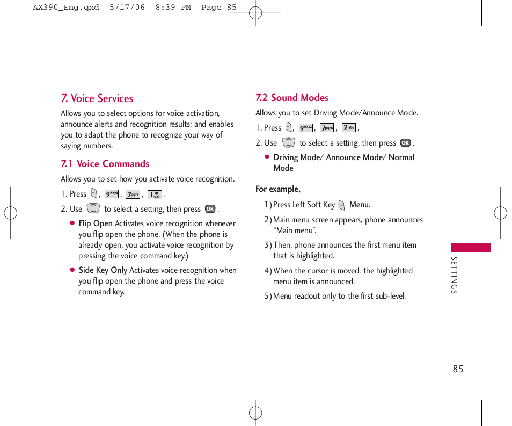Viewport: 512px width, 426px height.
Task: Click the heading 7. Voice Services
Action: coord(97,98)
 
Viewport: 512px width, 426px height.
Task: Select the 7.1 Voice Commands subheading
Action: coord(105,164)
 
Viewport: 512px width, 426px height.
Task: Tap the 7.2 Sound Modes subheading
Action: coord(292,98)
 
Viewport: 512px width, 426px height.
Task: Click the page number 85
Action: coord(457,369)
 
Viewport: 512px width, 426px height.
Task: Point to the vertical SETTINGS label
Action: coord(454,275)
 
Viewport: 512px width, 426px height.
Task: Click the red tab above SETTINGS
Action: coord(471,248)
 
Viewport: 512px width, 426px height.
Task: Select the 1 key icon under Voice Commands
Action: coord(155,194)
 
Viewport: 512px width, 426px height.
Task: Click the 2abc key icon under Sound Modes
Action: coord(349,128)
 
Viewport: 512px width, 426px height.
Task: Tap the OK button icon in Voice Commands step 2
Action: coord(210,209)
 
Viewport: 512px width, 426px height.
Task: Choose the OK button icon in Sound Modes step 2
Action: coord(405,143)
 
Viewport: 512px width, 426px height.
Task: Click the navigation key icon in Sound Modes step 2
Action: coord(288,143)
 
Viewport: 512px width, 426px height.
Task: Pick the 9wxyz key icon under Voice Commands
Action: coord(112,194)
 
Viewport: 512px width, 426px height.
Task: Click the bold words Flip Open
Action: coord(96,223)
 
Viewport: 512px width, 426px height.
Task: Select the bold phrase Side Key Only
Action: coord(103,270)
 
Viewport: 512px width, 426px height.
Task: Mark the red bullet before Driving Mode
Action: coord(267,157)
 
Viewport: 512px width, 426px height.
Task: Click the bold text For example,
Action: coord(278,189)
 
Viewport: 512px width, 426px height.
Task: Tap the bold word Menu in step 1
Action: coord(359,205)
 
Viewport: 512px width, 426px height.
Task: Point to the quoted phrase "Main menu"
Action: coord(295,230)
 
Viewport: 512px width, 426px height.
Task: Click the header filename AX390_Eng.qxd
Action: coord(66,8)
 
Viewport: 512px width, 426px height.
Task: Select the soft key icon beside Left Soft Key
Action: coord(342,205)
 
